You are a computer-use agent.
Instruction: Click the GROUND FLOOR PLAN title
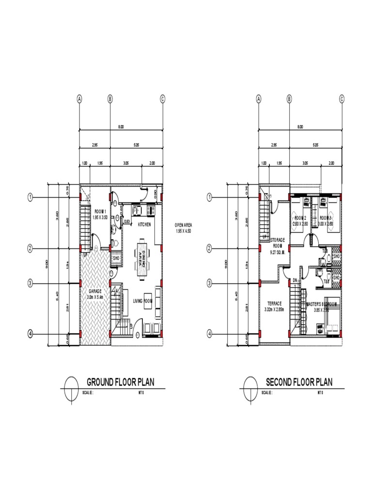click(120, 382)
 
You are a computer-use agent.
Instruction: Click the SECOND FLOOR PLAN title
click(299, 382)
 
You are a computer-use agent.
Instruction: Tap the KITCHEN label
click(144, 225)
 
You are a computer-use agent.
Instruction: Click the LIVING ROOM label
click(143, 301)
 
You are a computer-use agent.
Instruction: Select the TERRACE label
click(274, 304)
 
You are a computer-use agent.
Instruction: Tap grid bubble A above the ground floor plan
click(79, 99)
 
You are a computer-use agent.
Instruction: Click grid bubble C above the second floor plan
click(342, 99)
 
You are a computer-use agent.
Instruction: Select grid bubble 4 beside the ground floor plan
click(30, 334)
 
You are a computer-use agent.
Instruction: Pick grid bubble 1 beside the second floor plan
click(210, 197)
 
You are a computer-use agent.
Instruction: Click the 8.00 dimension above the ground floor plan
click(121, 127)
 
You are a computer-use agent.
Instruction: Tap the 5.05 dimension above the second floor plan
click(315, 145)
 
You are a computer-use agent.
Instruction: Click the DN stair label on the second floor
click(294, 280)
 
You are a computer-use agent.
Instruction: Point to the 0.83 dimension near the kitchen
click(127, 221)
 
